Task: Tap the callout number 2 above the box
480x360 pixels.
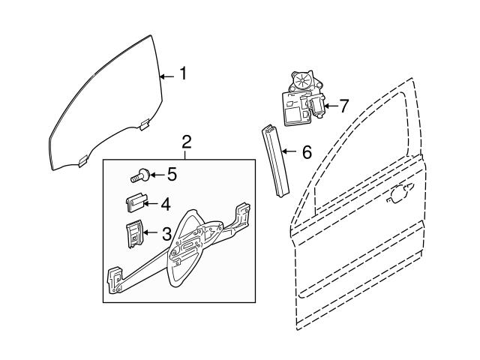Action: [x=187, y=141]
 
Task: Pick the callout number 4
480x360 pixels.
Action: [x=164, y=202]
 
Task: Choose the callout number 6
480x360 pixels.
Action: [x=306, y=152]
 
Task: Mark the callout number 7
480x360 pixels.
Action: [x=343, y=106]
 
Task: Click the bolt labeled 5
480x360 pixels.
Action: [x=138, y=176]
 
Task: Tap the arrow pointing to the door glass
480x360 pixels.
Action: [x=167, y=74]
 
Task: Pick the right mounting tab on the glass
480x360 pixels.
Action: [x=142, y=123]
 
